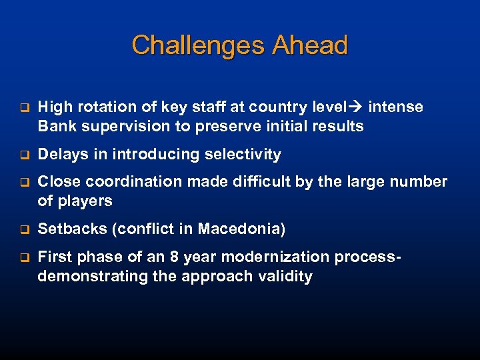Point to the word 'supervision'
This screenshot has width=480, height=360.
coord(123,126)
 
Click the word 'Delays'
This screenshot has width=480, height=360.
coord(61,155)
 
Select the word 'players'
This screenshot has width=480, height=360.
coord(84,201)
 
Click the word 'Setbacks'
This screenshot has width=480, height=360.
coord(72,229)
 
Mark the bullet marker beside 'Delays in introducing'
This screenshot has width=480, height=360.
coord(22,155)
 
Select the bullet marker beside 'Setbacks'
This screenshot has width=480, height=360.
coord(22,230)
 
